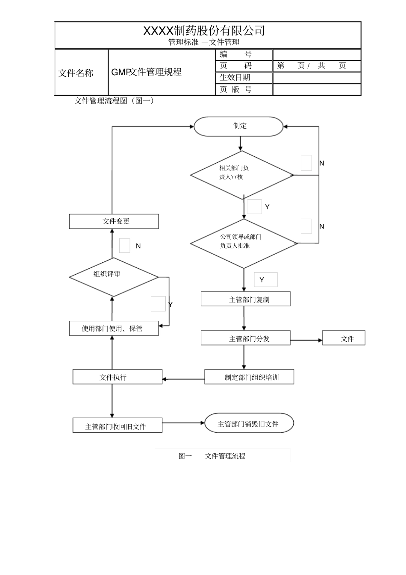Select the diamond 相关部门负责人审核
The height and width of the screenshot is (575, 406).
click(242, 175)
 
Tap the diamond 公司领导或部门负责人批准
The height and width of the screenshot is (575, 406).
click(244, 243)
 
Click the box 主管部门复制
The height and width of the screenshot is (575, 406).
click(246, 299)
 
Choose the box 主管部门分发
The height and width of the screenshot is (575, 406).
click(246, 338)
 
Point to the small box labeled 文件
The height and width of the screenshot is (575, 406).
click(344, 338)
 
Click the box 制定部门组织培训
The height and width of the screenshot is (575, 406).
click(249, 377)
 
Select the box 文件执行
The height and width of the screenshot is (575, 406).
click(118, 377)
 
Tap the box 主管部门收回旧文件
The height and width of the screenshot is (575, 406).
click(118, 426)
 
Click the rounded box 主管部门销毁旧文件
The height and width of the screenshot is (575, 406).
click(249, 423)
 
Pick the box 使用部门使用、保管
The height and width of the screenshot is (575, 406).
click(114, 328)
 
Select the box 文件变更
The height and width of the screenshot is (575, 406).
click(114, 221)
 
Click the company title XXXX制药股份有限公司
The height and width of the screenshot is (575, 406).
click(204, 31)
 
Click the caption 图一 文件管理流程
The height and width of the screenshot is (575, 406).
click(212, 456)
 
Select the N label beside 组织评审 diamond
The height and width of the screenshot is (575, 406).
click(138, 246)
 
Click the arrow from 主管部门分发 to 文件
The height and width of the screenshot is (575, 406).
click(306, 340)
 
